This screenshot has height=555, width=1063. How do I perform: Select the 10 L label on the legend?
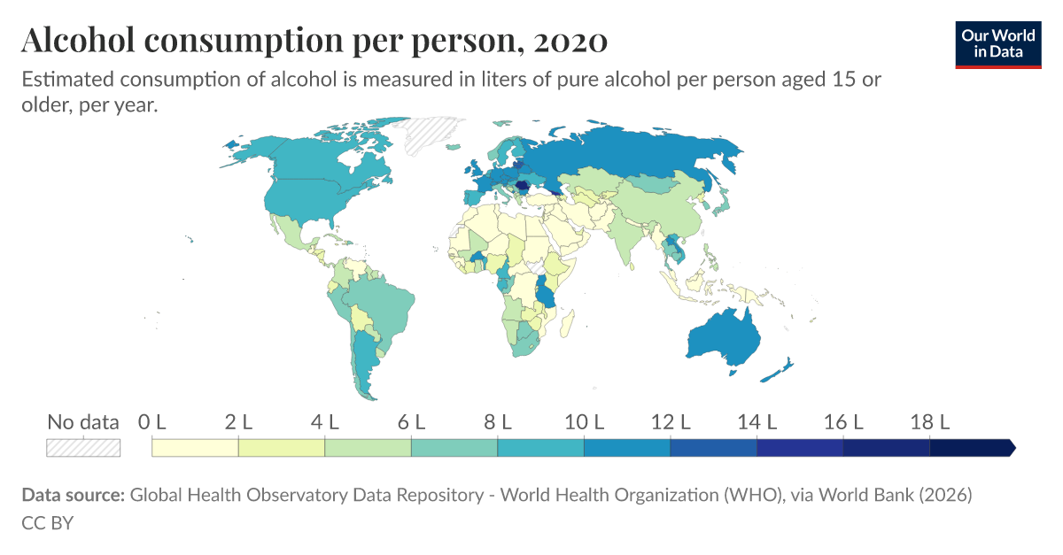point(584,422)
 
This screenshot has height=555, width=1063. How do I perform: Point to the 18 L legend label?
point(929,422)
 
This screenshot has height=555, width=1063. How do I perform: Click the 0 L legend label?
point(152,422)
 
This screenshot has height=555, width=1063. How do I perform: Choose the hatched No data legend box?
point(83,448)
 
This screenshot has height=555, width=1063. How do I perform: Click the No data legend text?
point(83,422)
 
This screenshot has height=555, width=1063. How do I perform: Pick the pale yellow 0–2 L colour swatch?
point(195,448)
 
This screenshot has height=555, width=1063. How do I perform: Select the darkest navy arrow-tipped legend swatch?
point(970,448)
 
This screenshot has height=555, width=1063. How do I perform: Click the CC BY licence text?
point(47,523)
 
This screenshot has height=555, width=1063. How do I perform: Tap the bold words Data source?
point(73,495)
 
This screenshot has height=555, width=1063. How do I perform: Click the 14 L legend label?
point(757,422)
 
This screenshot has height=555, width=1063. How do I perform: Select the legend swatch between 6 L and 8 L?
point(454,448)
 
